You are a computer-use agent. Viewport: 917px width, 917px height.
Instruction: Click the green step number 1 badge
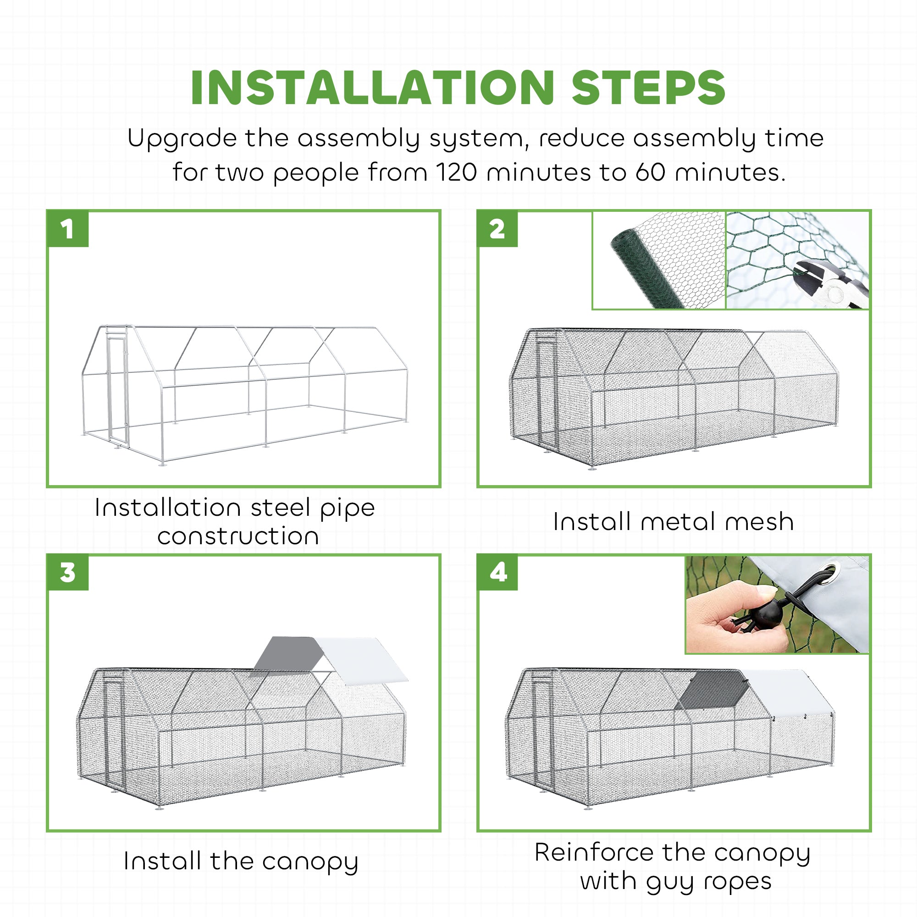(68, 229)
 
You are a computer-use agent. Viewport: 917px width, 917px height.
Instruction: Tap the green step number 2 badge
(497, 229)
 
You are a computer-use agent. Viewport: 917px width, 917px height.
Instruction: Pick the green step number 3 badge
(68, 572)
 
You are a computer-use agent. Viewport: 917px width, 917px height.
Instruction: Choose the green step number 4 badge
(498, 572)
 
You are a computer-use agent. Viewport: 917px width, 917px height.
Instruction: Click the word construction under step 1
(238, 536)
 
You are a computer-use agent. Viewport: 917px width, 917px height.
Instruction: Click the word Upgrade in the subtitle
(183, 139)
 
